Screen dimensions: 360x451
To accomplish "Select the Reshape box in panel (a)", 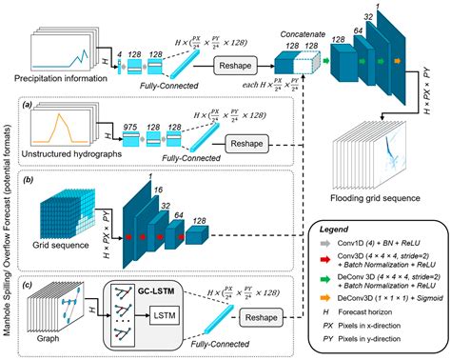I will point(252,146).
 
